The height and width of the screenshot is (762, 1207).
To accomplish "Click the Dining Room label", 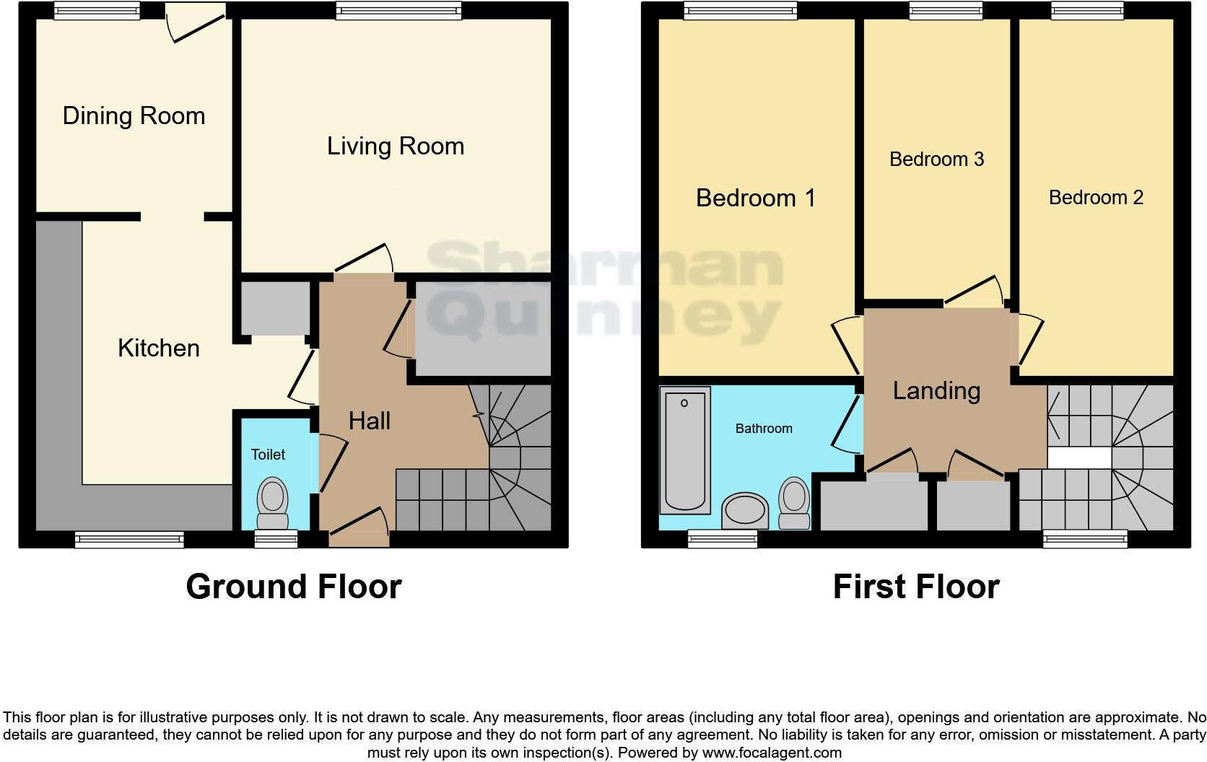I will coord(134,116).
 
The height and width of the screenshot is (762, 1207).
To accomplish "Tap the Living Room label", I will coord(395,146).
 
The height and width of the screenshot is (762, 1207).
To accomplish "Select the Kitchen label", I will coord(158,349).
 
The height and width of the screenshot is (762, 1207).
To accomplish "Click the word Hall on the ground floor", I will coord(369,421).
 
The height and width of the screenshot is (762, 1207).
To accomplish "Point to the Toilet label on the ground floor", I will coord(268,455).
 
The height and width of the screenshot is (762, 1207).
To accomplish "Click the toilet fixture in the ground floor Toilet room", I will coord(273,503).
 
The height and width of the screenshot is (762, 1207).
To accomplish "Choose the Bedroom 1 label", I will coord(755,198).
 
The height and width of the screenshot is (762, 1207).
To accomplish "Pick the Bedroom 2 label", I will coord(1095,198).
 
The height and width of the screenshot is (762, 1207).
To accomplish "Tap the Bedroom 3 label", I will coord(936,159).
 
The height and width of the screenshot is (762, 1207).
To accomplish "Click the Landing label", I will coord(936,391).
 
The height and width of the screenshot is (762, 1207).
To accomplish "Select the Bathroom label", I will coord(764,429).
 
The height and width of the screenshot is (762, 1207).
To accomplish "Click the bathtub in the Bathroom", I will coord(684,449).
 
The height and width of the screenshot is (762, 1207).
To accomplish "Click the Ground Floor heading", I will coord(293,587).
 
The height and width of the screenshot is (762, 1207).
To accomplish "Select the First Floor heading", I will coord(915,587).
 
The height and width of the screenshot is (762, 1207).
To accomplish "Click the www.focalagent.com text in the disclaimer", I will coord(772,753).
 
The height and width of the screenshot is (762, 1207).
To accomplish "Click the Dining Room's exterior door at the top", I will coord(194,22).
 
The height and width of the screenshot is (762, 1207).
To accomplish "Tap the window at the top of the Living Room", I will coord(398,10).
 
